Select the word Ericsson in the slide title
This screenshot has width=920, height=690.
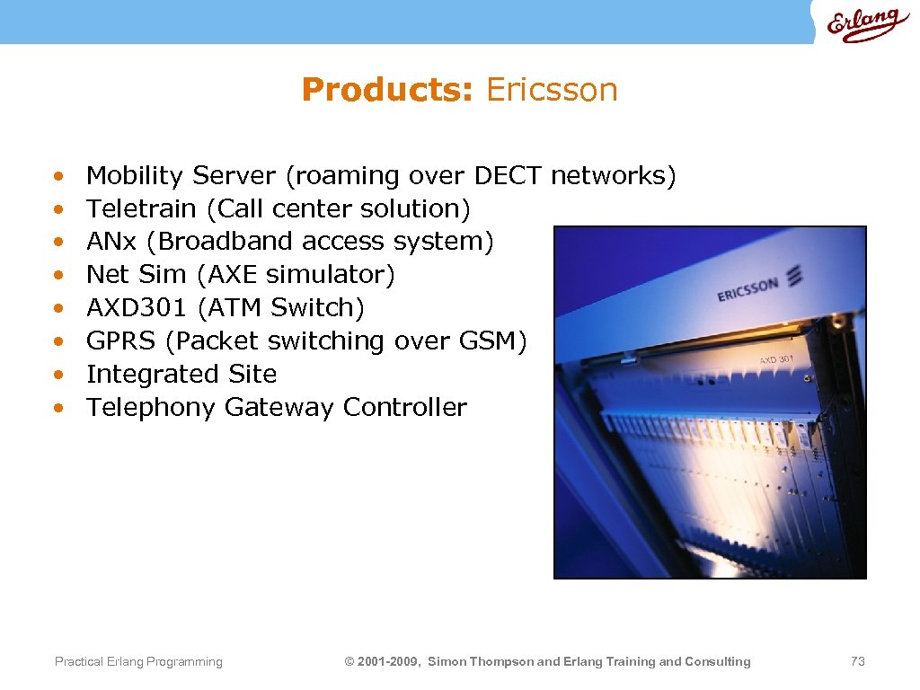[552, 90]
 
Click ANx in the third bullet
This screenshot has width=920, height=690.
[105, 242]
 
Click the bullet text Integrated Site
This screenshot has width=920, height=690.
[181, 375]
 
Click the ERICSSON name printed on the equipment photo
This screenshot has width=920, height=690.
[747, 291]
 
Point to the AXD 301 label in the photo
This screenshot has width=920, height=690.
[777, 359]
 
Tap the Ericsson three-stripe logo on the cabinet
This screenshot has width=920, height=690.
[794, 277]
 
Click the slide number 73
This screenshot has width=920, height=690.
[857, 662]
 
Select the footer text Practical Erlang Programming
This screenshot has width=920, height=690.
[138, 662]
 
